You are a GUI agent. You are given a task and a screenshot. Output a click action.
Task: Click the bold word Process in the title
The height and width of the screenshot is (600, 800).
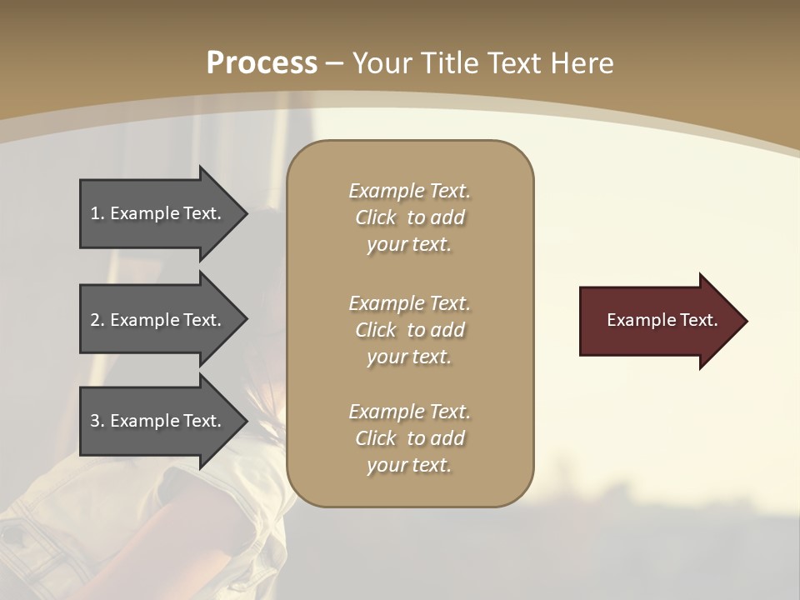click(x=262, y=63)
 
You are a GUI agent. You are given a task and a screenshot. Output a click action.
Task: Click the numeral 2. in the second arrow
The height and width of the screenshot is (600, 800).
click(x=97, y=320)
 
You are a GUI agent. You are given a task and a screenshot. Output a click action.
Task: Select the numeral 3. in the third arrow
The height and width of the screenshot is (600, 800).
click(x=97, y=421)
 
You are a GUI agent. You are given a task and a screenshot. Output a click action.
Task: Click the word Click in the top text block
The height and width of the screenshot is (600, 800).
click(x=376, y=218)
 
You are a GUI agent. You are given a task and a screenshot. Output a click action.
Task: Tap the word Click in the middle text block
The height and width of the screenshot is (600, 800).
click(x=376, y=330)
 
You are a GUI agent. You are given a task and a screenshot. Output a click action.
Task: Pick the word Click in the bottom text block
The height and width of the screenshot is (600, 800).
click(x=376, y=438)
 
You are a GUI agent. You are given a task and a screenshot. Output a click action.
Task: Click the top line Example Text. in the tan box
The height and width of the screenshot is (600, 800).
click(x=409, y=191)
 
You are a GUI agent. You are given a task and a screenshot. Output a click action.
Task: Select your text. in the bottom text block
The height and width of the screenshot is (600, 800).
click(x=409, y=466)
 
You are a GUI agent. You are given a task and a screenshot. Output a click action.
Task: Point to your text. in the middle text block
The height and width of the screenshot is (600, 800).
click(x=409, y=357)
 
